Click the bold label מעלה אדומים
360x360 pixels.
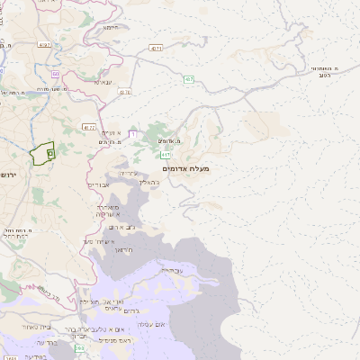pyautogui.click(x=185, y=168)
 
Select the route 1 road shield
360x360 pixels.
pyautogui.click(x=133, y=134)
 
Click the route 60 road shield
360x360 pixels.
pyautogui.click(x=55, y=74)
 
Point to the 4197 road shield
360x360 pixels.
pyautogui.click(x=43, y=43)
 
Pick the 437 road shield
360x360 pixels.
pyautogui.click(x=124, y=92)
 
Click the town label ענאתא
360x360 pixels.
pyautogui.click(x=103, y=82)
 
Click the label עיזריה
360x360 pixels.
pyautogui.click(x=129, y=173)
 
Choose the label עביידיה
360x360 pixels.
pyautogui.click(x=170, y=269)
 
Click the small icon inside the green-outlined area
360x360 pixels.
pyautogui.click(x=49, y=154)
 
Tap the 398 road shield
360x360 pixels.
pyautogui.click(x=80, y=347)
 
